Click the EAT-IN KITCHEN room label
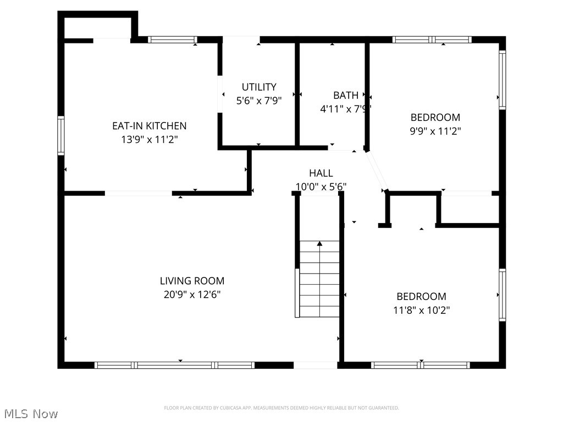pyautogui.click(x=149, y=126)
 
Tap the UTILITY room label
pyautogui.click(x=259, y=87)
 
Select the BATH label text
pyautogui.click(x=345, y=95)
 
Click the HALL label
pyautogui.click(x=321, y=173)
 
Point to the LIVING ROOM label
pyautogui.click(x=192, y=281)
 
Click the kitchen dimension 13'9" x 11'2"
pyautogui.click(x=149, y=140)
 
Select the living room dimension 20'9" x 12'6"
pyautogui.click(x=192, y=295)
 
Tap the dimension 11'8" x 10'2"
pyautogui.click(x=421, y=310)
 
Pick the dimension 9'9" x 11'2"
pyautogui.click(x=435, y=131)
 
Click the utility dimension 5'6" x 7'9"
pyautogui.click(x=259, y=101)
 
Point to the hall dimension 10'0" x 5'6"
pyautogui.click(x=321, y=187)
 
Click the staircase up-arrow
pyautogui.click(x=319, y=243)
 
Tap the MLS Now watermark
pyautogui.click(x=30, y=413)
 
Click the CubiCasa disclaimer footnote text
pyautogui.click(x=281, y=408)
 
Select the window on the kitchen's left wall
pyautogui.click(x=61, y=136)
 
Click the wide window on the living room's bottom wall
pyautogui.click(x=174, y=365)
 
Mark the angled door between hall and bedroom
pyautogui.click(x=377, y=171)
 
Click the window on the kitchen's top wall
pyautogui.click(x=172, y=40)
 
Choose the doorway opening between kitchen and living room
pyautogui.click(x=139, y=193)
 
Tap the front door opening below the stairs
pyautogui.click(x=315, y=365)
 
